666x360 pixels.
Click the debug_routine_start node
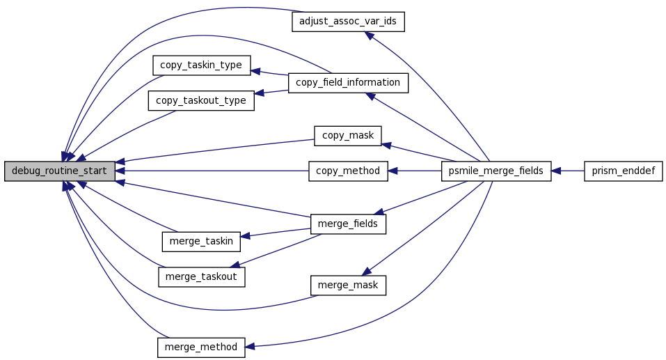[59, 171]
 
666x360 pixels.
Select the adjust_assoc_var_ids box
[348, 22]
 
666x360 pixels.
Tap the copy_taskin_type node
[201, 65]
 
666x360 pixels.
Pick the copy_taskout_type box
[201, 101]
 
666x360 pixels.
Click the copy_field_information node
[348, 83]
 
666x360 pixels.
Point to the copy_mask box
[348, 136]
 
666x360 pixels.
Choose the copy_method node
[348, 171]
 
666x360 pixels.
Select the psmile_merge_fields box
[496, 171]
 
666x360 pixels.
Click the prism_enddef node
[623, 171]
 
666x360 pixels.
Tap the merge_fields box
[348, 224]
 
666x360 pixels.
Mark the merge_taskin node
[201, 242]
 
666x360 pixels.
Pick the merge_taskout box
[201, 276]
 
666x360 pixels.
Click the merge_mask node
[348, 285]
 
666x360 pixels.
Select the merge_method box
[201, 347]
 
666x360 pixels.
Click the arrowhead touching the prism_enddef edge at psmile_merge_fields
[556, 171]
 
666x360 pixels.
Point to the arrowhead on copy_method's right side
[393, 171]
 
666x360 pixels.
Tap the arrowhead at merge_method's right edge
[250, 347]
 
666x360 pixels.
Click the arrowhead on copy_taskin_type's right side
[255, 71]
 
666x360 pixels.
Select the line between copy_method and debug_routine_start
[212, 171]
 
